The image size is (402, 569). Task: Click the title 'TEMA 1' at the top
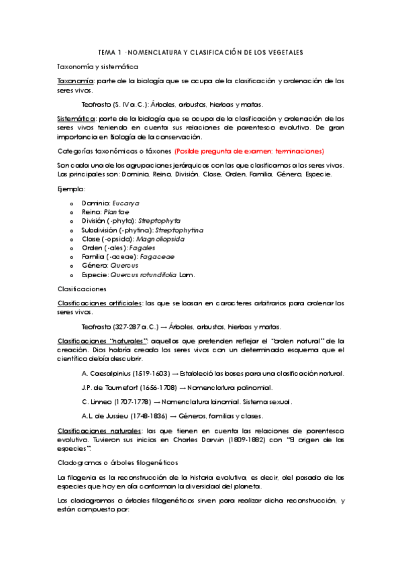(x=110, y=52)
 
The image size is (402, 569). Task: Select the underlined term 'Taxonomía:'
(x=75, y=81)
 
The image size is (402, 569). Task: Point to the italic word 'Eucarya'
(x=125, y=203)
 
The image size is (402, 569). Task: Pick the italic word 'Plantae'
(x=116, y=212)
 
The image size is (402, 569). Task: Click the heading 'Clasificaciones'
(x=81, y=289)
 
